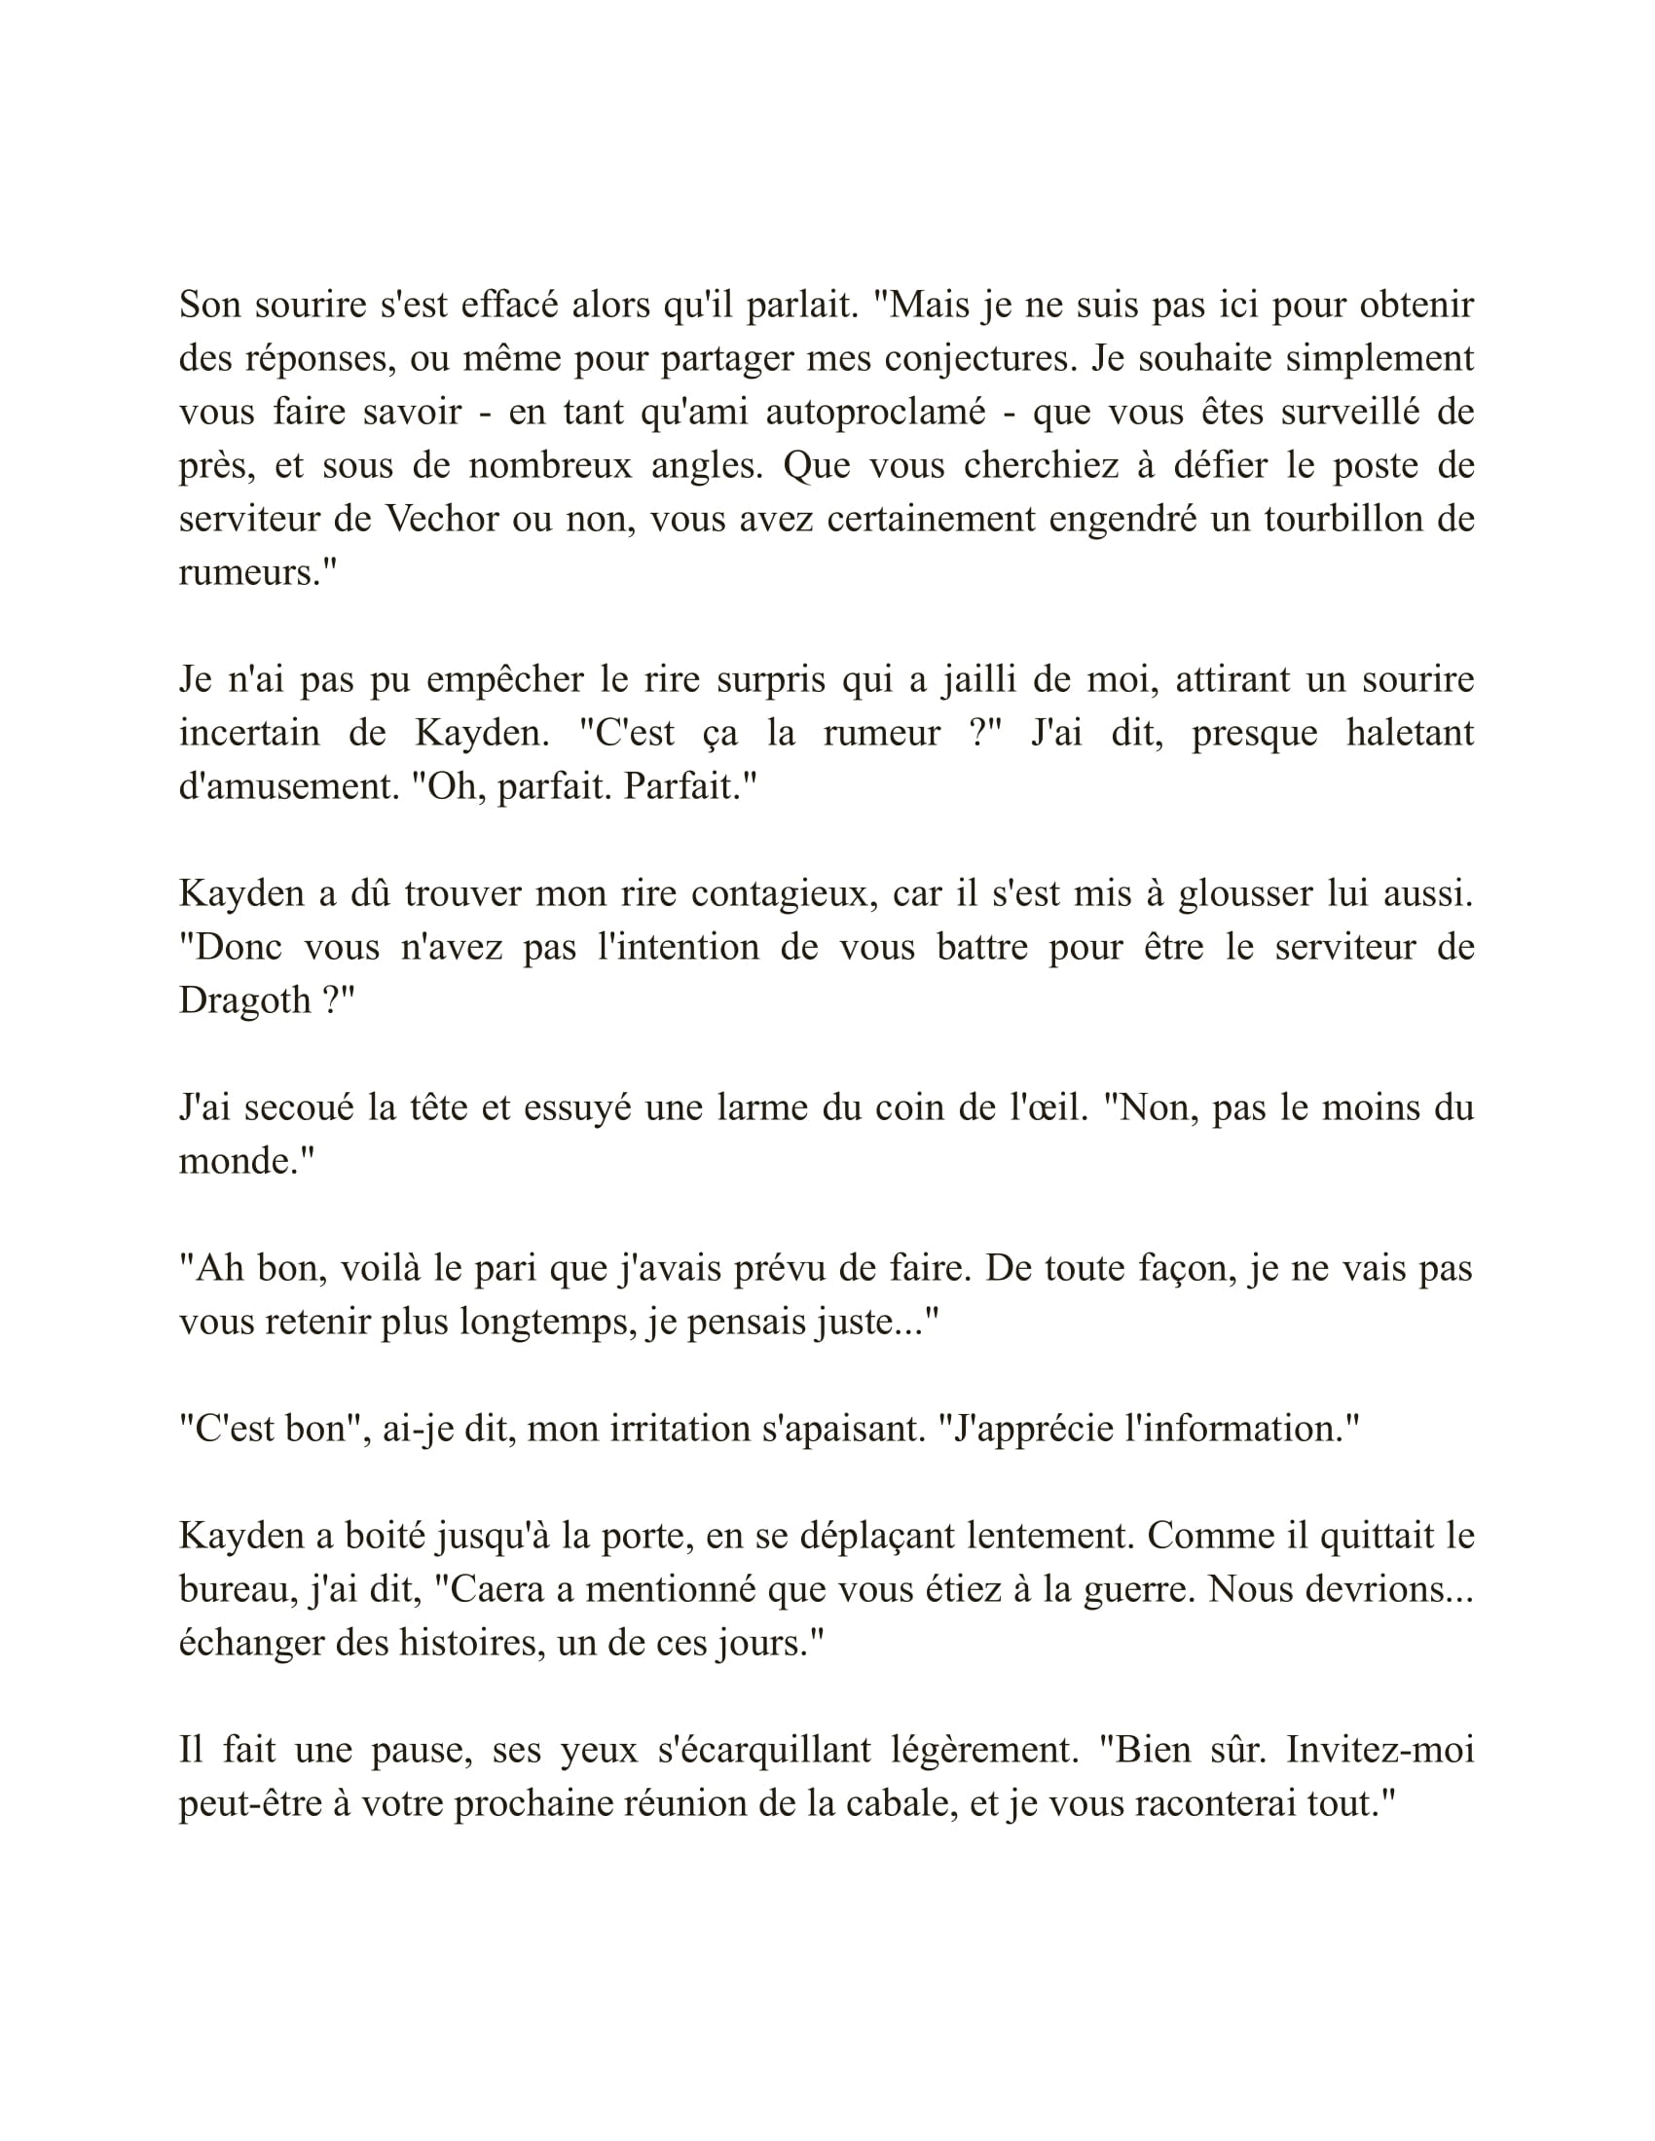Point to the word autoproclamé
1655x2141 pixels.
[875, 412]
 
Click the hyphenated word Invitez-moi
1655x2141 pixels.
[1379, 1750]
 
